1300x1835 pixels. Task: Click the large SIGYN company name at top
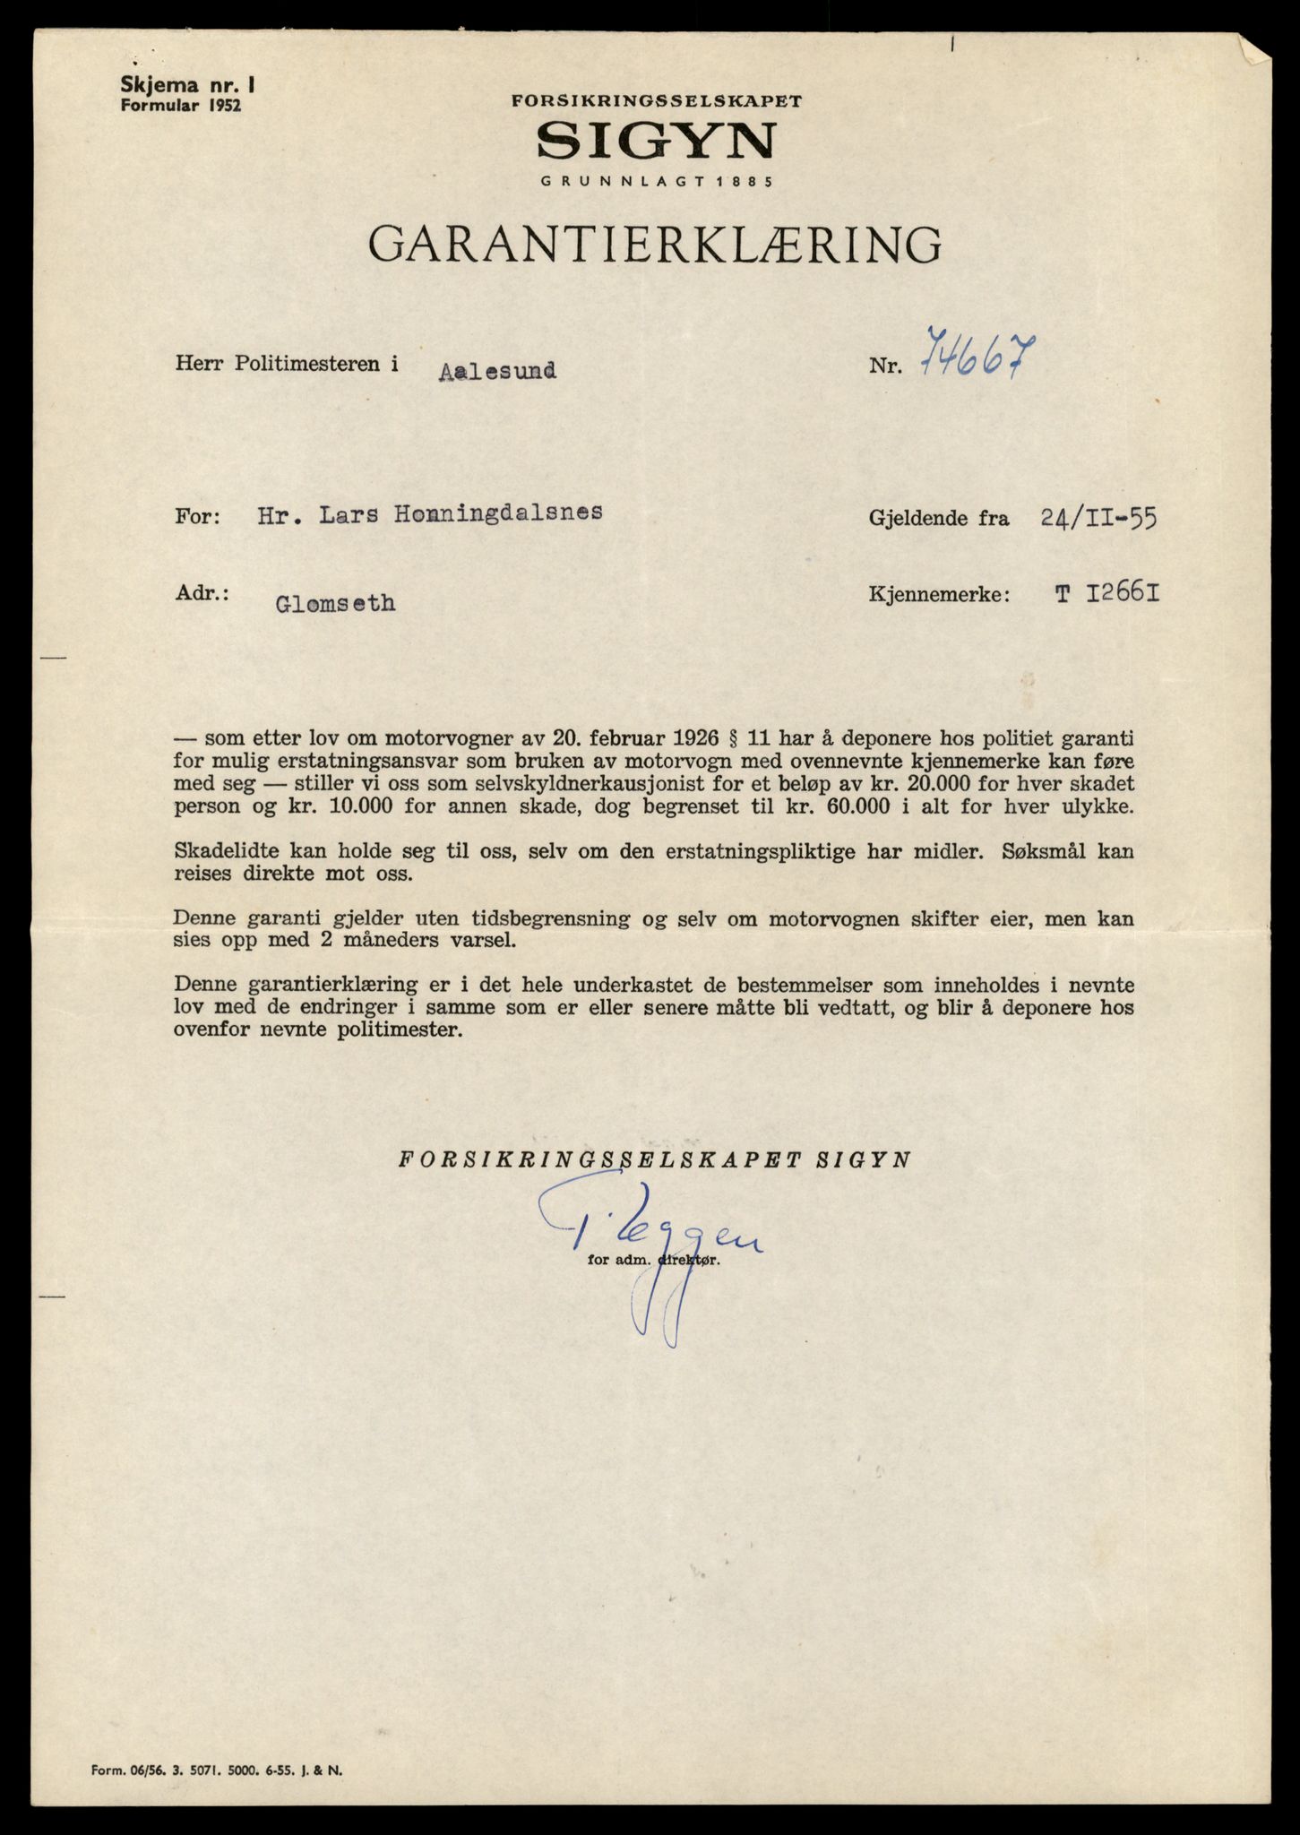(x=656, y=141)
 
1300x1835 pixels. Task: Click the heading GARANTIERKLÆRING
(x=655, y=244)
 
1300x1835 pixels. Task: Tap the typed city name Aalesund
(x=497, y=370)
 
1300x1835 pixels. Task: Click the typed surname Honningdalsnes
(x=487, y=513)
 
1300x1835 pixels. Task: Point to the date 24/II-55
(x=1098, y=518)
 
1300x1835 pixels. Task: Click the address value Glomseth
(x=335, y=603)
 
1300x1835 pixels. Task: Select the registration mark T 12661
(x=1106, y=593)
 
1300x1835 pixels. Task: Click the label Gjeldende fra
(x=938, y=518)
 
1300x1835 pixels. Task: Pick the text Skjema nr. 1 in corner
(x=188, y=86)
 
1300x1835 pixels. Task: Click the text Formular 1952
(x=181, y=104)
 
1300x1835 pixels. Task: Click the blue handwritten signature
(x=654, y=1245)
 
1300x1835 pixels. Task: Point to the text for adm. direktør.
(x=653, y=1259)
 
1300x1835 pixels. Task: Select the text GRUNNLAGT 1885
(x=656, y=182)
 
